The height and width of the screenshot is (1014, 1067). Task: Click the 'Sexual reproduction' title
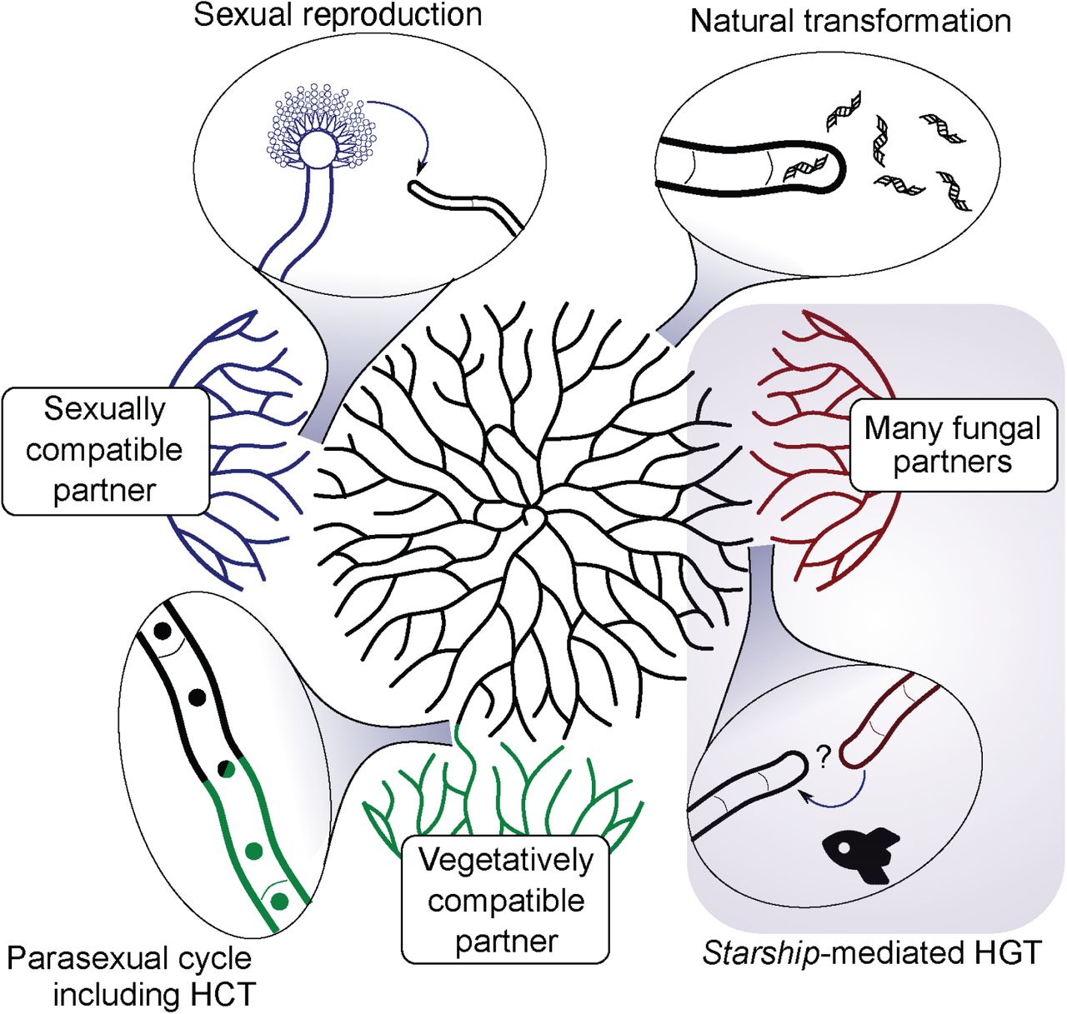click(x=338, y=15)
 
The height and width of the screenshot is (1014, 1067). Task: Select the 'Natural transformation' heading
click(x=850, y=21)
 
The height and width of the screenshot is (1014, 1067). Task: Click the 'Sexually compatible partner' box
click(x=105, y=450)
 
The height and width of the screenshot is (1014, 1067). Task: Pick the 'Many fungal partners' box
click(x=953, y=445)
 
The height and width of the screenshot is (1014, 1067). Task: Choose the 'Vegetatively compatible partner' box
click(x=506, y=901)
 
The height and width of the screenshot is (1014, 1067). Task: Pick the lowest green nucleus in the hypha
click(x=280, y=901)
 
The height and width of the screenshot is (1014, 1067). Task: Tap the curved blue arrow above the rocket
click(x=834, y=800)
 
